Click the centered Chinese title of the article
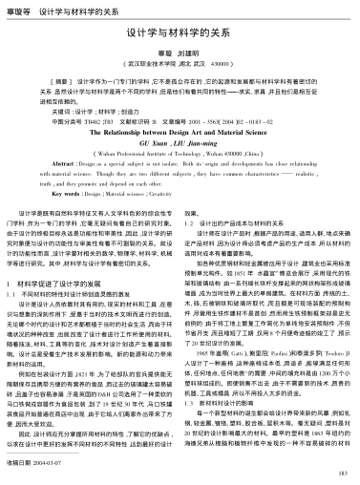pyautogui.click(x=180, y=32)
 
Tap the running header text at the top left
pyautogui.click(x=48, y=9)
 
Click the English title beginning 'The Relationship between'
pyautogui.click(x=180, y=131)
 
